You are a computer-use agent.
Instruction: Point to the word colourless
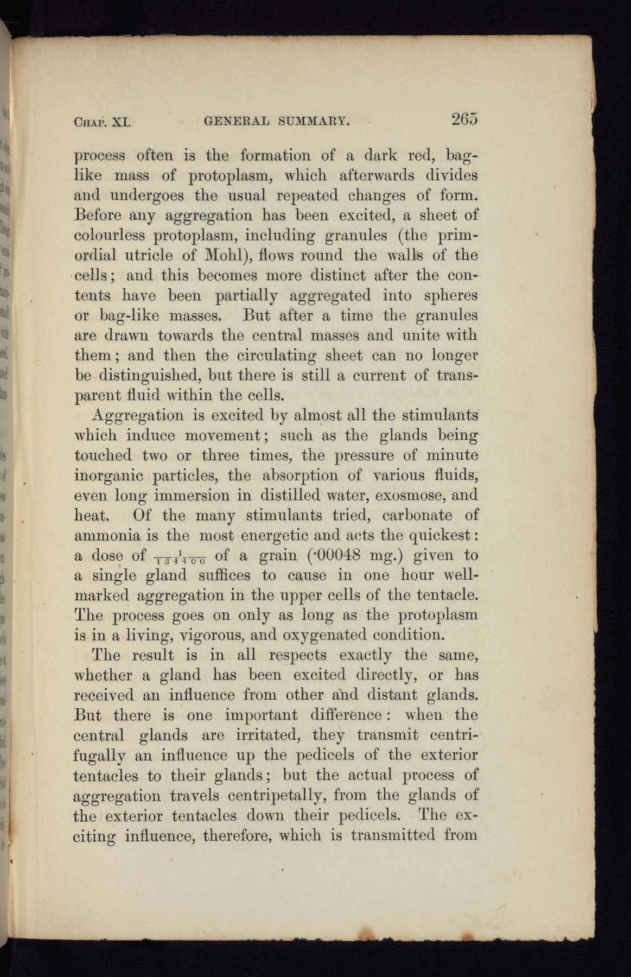(x=110, y=236)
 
